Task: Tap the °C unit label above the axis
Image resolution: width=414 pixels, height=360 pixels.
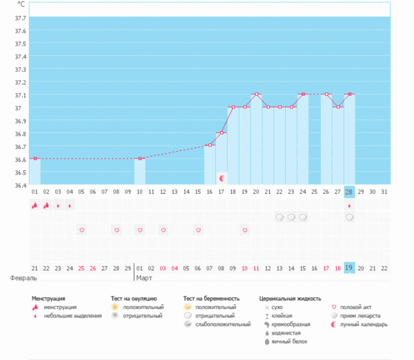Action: (21, 5)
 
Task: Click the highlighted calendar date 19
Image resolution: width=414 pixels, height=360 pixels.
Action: (349, 268)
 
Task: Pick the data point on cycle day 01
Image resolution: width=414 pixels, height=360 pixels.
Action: (34, 159)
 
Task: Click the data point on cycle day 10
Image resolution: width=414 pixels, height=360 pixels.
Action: (139, 159)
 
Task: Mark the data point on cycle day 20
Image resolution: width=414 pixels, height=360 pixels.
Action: (256, 94)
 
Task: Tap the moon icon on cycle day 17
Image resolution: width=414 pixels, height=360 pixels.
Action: (221, 178)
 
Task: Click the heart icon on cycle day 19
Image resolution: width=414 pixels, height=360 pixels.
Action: (245, 230)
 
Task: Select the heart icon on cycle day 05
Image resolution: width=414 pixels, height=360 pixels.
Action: (81, 230)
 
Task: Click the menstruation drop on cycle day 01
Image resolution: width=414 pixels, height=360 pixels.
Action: (34, 205)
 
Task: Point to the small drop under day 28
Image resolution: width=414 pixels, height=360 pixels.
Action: (349, 205)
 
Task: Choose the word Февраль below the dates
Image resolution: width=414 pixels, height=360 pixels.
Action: (23, 278)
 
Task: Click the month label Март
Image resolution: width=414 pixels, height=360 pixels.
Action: (146, 278)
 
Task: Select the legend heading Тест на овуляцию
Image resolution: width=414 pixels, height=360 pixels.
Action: (138, 299)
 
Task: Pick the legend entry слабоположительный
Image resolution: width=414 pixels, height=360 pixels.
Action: (224, 324)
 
